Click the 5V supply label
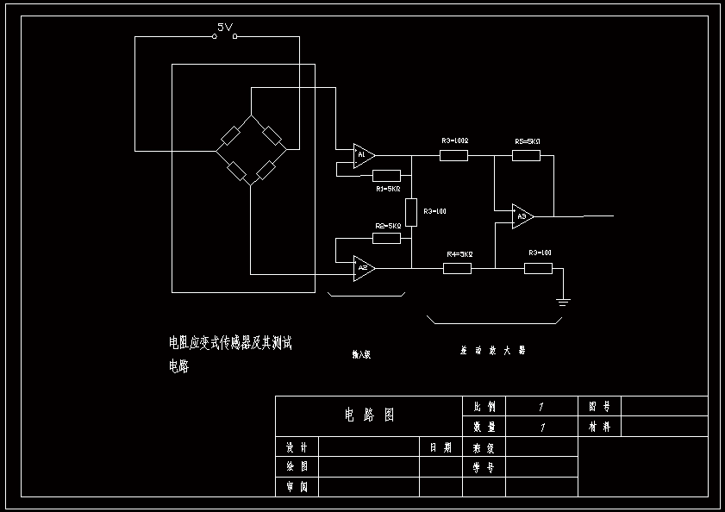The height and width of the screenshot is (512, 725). (x=225, y=28)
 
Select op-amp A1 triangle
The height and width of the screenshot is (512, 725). (x=363, y=155)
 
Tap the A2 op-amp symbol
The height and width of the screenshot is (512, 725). (x=363, y=268)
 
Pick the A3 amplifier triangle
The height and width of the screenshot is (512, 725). (x=522, y=215)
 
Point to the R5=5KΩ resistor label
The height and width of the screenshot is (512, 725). (x=527, y=141)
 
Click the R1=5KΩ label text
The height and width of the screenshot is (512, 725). (x=388, y=188)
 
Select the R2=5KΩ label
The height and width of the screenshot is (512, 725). (x=388, y=226)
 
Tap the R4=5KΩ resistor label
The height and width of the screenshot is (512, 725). (x=459, y=254)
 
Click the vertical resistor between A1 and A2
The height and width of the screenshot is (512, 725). (x=411, y=210)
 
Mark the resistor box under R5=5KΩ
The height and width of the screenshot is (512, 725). (x=526, y=155)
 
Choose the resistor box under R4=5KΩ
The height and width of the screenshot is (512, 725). (x=457, y=268)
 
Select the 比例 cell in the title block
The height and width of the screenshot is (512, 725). (x=484, y=406)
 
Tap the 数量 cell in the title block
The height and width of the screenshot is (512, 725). (x=484, y=426)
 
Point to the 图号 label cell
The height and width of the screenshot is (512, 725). (x=599, y=406)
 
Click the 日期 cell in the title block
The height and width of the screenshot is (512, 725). (x=441, y=447)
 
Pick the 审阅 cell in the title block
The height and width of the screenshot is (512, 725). (x=297, y=487)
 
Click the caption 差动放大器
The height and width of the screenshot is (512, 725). (x=492, y=351)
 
